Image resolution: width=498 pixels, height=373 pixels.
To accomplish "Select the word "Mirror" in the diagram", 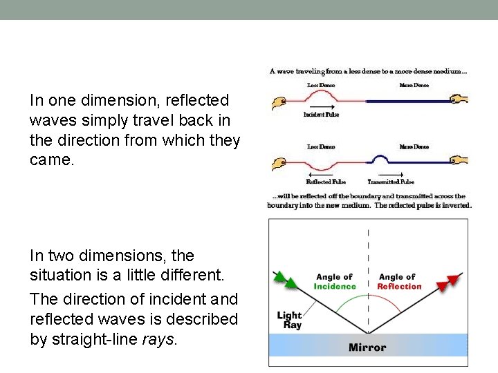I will pos(367,347).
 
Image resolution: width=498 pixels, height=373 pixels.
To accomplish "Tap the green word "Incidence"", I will pos(335,286).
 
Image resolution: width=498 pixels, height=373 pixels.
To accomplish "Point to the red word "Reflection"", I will pos(399,286).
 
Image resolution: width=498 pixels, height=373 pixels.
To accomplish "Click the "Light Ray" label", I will pos(289,320).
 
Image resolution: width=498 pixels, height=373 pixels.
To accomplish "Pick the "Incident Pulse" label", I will pos(320,115).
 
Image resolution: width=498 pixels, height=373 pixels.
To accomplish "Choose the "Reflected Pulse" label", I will pos(325,182).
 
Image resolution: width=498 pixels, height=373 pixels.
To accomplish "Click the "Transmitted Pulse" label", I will pos(391,182).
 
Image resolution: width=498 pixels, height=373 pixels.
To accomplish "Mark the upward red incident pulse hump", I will pos(329,96).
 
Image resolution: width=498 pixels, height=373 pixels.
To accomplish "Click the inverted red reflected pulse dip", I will pos(324,166).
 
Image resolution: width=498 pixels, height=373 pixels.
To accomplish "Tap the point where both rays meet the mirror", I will pos(368,333).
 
